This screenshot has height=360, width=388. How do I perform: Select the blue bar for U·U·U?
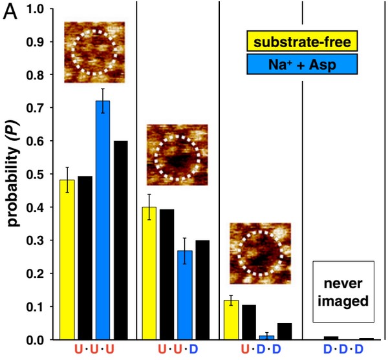point(103,220)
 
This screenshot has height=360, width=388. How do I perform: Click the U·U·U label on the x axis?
point(93,351)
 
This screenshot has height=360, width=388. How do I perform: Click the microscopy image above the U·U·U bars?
point(94,52)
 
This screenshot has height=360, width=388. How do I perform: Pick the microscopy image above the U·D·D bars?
point(260,253)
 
